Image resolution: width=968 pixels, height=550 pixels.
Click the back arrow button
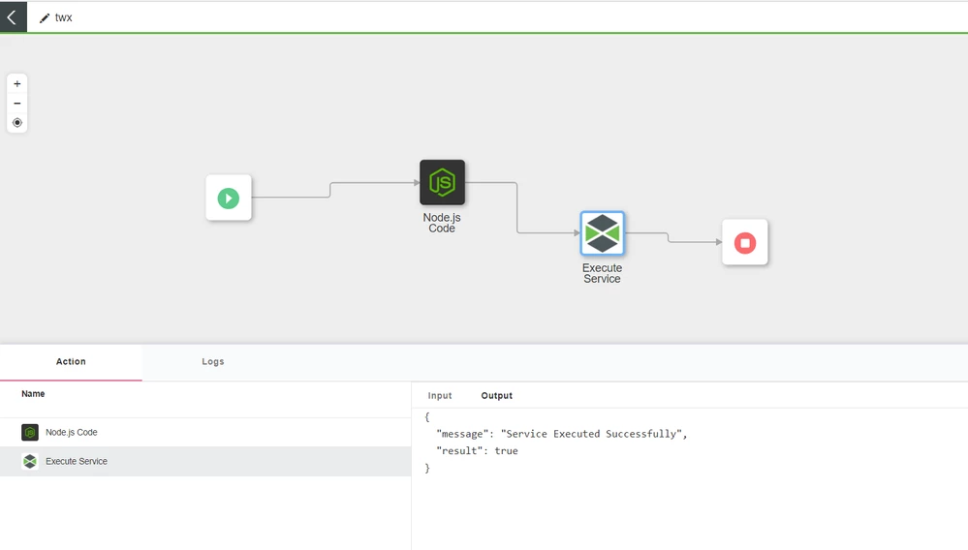(13, 17)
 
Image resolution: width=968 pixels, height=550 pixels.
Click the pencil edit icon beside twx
(45, 18)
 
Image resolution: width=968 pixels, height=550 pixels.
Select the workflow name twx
(64, 18)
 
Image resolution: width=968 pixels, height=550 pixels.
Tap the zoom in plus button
(17, 84)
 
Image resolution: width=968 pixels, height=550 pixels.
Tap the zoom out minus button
(17, 104)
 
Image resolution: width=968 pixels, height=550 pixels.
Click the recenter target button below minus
(17, 123)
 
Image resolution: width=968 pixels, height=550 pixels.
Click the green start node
(229, 198)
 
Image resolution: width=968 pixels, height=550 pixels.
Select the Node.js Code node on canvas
(442, 183)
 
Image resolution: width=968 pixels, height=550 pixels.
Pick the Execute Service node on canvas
(602, 233)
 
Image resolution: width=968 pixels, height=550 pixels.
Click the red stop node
(745, 242)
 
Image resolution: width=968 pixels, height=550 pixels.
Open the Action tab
(71, 362)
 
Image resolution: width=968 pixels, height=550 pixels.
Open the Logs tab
(213, 362)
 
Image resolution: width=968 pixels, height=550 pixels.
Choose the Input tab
(440, 396)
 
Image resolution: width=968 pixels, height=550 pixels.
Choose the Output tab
(497, 396)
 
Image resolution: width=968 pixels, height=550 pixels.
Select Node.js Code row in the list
(72, 433)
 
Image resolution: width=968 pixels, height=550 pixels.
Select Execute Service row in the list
(77, 462)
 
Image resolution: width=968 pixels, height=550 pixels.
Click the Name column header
(33, 394)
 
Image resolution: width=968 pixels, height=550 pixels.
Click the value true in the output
(506, 451)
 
